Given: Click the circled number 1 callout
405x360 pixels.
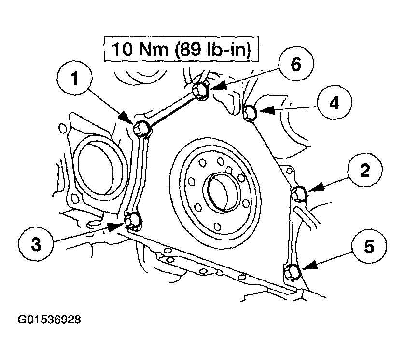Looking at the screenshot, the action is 75,79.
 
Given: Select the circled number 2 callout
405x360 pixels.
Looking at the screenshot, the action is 365,170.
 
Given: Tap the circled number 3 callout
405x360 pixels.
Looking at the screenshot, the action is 36,244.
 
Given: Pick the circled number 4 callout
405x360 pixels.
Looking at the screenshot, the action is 335,102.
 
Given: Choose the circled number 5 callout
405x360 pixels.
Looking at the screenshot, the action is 369,246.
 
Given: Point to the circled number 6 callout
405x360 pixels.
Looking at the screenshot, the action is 296,64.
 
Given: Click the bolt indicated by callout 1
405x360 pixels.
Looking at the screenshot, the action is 141,128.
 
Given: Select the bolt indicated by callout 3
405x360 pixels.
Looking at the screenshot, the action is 133,221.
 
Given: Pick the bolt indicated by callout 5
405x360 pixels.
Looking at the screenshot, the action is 292,272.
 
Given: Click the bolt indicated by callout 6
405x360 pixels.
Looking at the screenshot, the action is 201,91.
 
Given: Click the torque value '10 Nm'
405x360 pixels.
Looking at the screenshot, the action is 140,49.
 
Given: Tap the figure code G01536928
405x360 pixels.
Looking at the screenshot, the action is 49,320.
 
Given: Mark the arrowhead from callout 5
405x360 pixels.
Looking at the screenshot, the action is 308,266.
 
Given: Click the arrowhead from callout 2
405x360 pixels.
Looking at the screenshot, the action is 315,187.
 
